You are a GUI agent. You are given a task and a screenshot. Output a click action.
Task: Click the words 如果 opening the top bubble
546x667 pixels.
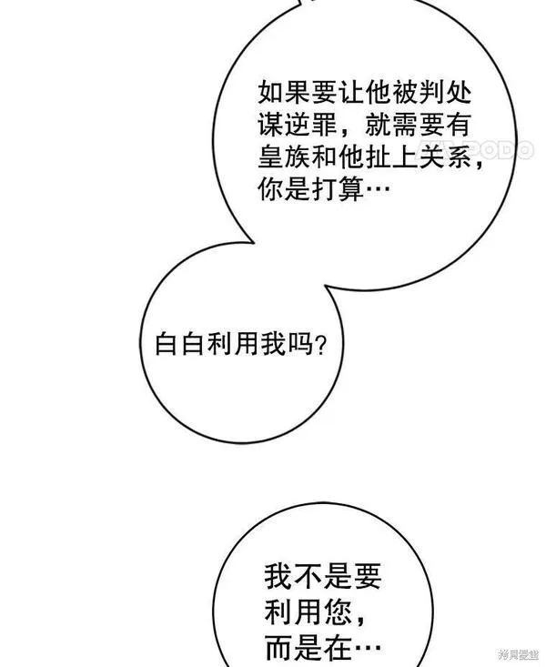pyautogui.click(x=284, y=92)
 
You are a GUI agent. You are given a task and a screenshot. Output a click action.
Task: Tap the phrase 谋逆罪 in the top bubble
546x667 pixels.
pyautogui.click(x=298, y=125)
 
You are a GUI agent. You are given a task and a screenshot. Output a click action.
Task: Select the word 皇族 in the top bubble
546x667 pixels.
pyautogui.click(x=284, y=157)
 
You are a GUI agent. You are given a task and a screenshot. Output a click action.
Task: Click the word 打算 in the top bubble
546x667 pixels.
pyautogui.click(x=338, y=189)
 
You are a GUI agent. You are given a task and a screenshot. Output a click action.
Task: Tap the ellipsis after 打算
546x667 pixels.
pyautogui.click(x=378, y=189)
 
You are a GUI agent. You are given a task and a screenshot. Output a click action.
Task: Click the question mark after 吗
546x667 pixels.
pyautogui.click(x=320, y=345)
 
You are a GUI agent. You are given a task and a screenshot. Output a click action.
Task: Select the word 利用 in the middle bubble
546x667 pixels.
pyautogui.click(x=234, y=344)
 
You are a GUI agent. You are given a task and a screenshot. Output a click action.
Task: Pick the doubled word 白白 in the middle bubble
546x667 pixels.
pyautogui.click(x=181, y=344)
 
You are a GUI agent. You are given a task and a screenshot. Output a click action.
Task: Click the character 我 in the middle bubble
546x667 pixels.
pyautogui.click(x=273, y=344)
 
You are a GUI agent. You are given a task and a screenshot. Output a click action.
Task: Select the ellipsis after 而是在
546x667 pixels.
pyautogui.click(x=368, y=649)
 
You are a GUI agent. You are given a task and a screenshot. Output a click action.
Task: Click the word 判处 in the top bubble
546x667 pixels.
pyautogui.click(x=445, y=92)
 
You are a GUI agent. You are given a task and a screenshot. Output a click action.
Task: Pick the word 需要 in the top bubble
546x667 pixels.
pyautogui.click(x=419, y=125)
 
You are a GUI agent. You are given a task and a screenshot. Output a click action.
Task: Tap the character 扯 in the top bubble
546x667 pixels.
pyautogui.click(x=379, y=157)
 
